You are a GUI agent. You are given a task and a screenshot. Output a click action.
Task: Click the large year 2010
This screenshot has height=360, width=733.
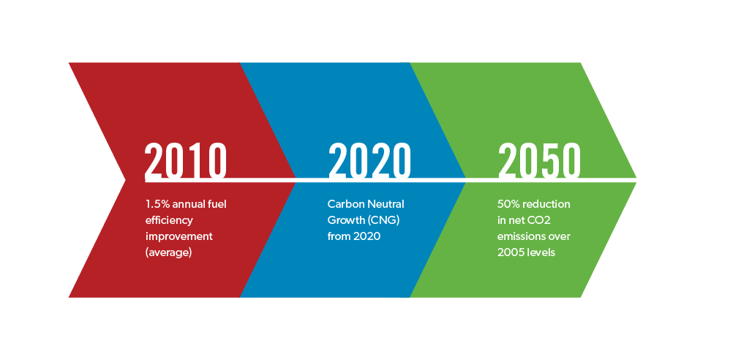tap(186, 161)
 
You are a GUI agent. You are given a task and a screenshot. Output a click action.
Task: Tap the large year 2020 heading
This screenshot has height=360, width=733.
tap(369, 161)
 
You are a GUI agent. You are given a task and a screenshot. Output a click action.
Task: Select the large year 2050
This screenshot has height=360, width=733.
tap(539, 161)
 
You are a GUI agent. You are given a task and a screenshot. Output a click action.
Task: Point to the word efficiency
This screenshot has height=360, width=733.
tap(169, 220)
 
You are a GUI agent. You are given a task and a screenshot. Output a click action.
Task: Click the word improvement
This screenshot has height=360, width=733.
tap(179, 236)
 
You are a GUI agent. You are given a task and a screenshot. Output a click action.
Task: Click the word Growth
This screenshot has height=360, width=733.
tap(345, 220)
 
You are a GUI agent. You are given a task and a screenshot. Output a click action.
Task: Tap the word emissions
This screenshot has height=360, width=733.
tap(520, 236)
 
